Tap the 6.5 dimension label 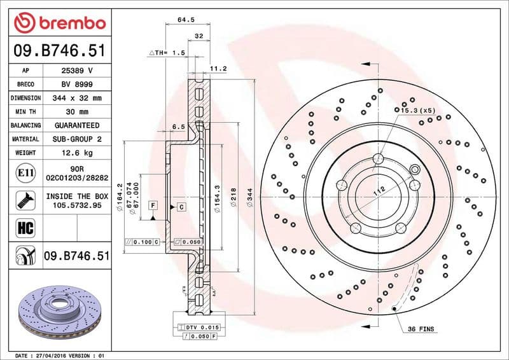[x=178, y=127]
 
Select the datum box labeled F [x=153, y=205]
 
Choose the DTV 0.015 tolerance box [x=201, y=327]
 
